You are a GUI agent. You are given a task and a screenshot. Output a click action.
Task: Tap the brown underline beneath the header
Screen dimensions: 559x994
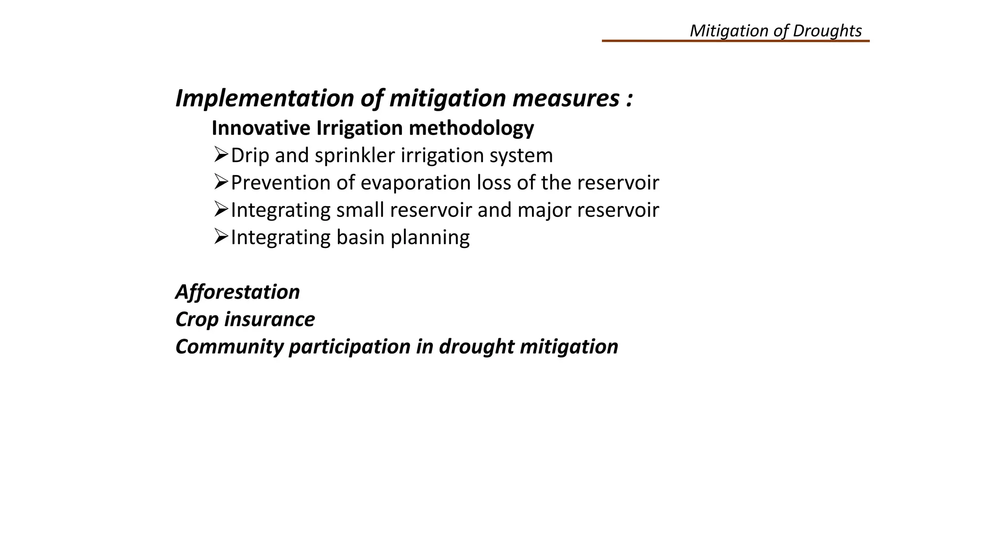(x=735, y=41)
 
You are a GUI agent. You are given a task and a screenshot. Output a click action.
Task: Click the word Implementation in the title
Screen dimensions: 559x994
(x=265, y=99)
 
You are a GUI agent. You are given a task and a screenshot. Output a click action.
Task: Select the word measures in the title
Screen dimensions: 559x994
(x=565, y=99)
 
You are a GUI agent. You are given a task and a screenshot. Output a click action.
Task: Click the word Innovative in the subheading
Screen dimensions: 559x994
(x=261, y=129)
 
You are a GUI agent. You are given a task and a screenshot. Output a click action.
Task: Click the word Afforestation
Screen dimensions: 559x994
(x=237, y=292)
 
